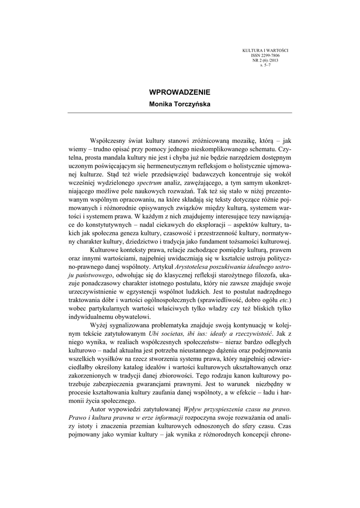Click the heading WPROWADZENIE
[x=180, y=92]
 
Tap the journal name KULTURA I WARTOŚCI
[x=265, y=51]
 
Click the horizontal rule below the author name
[x=180, y=113]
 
